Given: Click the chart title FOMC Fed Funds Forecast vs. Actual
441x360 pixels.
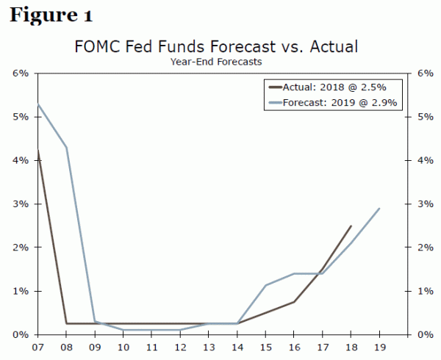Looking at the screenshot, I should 216,48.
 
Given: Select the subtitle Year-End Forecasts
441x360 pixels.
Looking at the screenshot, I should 216,62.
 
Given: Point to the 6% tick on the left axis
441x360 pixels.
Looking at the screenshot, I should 20,73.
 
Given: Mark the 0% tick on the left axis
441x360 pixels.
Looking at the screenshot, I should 20,335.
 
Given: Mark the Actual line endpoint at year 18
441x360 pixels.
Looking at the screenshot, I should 351,226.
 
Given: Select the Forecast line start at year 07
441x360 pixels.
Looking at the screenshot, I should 38,104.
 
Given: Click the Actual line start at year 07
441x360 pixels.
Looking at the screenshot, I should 38,151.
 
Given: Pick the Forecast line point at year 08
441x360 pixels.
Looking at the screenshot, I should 67,147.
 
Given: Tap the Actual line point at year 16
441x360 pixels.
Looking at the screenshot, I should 294,302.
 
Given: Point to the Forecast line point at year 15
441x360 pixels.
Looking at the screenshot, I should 266,285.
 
